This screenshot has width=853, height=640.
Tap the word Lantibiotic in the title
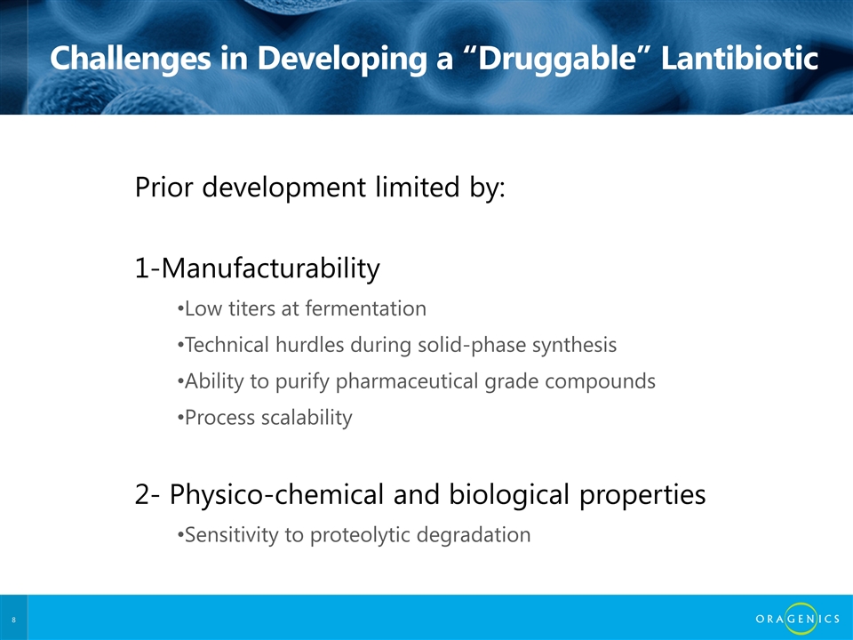pos(739,57)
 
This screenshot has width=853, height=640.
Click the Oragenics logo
pos(798,619)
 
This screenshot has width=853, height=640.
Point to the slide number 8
pos(13,620)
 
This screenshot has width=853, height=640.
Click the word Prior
pos(163,188)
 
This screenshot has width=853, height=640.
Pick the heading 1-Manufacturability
pos(258,268)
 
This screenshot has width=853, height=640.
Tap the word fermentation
pos(365,308)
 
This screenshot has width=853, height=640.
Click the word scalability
pos(307,419)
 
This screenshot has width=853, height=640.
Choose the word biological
pos(509,495)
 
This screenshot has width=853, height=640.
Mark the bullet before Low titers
pos(180,309)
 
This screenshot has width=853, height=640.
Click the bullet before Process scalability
pos(180,419)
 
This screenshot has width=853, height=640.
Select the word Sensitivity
pos(232,535)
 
